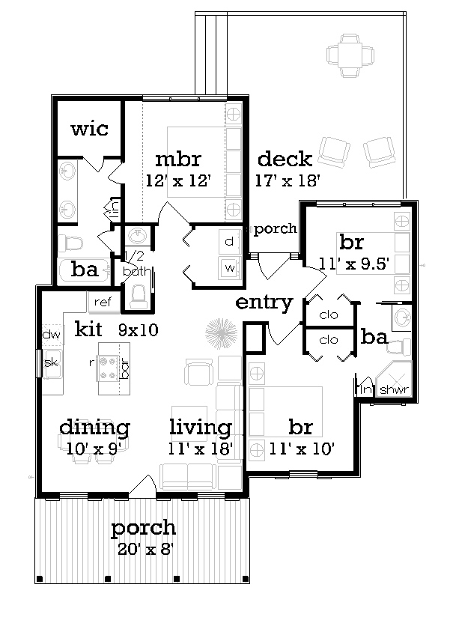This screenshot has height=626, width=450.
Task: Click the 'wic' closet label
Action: point(89,129)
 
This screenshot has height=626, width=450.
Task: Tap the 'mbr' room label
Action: point(178,159)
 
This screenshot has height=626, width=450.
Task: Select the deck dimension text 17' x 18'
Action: point(288,181)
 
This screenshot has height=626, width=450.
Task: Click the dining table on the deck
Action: point(350,55)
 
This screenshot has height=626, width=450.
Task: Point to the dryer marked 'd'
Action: point(229,242)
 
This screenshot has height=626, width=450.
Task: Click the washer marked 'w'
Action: point(230,267)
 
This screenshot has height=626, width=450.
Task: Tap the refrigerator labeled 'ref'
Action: point(103,302)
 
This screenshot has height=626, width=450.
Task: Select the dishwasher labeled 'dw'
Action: point(52,335)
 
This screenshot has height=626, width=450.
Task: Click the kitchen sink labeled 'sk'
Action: point(52,363)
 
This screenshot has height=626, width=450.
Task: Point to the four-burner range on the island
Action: point(107,368)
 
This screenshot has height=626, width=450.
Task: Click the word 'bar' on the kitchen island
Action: point(124,368)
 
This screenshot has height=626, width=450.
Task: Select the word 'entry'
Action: point(264,303)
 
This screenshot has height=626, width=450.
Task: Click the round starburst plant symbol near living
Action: point(221,333)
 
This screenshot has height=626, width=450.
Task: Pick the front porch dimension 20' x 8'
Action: point(145,550)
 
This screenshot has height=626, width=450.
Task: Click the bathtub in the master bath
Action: point(84,270)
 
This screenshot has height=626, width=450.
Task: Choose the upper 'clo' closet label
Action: point(329,315)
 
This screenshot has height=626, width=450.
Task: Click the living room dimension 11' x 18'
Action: point(200,449)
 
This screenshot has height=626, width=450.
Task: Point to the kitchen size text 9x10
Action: point(139,329)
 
